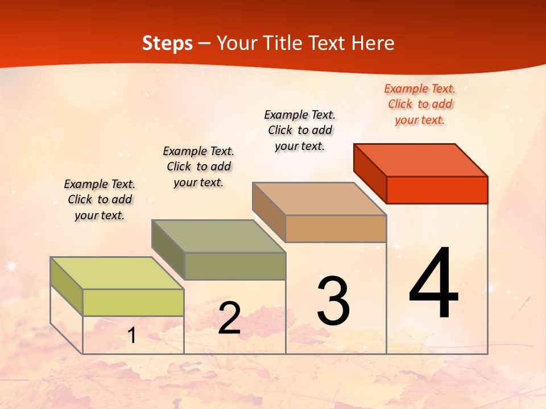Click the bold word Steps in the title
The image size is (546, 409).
[x=167, y=43]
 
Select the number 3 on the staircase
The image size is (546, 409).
[x=333, y=301]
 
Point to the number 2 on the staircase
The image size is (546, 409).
[x=229, y=318]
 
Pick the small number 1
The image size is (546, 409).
[x=132, y=336]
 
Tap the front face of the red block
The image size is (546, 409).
[x=437, y=190]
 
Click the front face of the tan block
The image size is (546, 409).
[x=336, y=228]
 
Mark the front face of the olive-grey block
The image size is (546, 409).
[x=235, y=266]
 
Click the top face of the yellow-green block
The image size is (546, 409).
[x=117, y=273]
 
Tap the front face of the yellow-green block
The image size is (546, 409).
[x=133, y=302]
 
